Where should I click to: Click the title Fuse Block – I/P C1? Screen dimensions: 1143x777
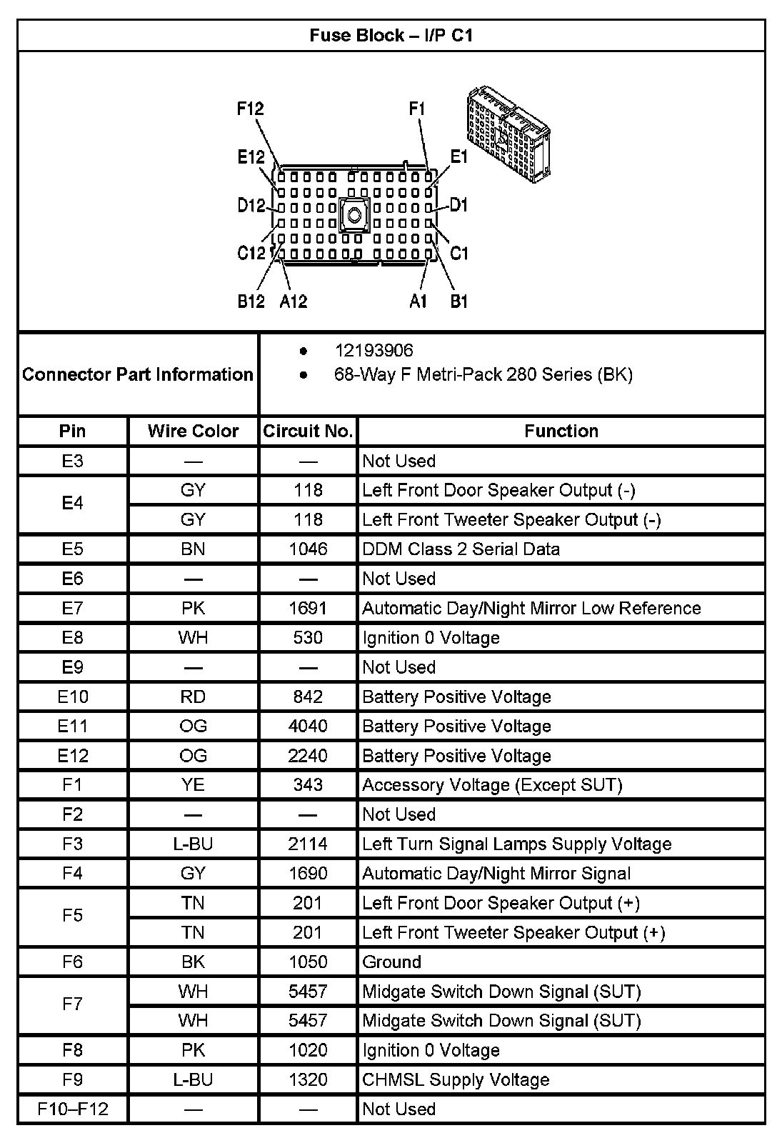(391, 35)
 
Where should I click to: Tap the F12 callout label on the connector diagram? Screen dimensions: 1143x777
(251, 109)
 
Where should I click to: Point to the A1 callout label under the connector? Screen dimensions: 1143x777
(418, 301)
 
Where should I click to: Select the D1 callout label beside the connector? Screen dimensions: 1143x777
(458, 205)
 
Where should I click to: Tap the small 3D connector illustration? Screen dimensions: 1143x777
(507, 134)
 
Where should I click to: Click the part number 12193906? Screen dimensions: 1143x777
(374, 350)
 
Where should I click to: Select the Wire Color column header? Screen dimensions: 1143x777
(193, 431)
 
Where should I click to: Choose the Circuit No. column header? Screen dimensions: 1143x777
(308, 431)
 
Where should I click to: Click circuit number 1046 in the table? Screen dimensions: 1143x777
(308, 549)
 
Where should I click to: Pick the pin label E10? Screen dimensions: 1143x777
(73, 697)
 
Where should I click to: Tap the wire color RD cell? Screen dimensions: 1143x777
(193, 697)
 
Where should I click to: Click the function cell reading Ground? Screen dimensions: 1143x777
(391, 962)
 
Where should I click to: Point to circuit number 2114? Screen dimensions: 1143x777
(308, 844)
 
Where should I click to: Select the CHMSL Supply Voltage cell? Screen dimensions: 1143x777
(456, 1079)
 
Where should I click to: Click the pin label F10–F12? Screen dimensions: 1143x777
(73, 1109)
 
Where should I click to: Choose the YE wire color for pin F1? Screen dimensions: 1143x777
(193, 784)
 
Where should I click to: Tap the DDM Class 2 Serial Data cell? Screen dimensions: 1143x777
(461, 549)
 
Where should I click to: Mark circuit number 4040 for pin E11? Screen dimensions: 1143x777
(308, 726)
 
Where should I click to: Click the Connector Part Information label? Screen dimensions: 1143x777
(138, 374)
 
